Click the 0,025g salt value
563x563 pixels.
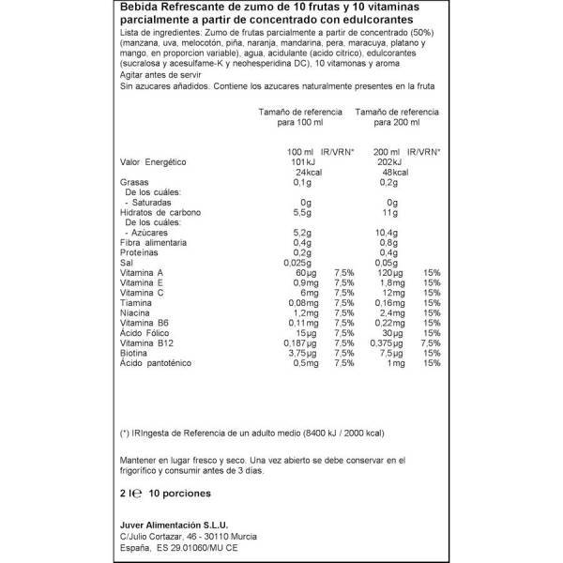tap(295, 263)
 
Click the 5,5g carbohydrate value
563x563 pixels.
tap(299, 212)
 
